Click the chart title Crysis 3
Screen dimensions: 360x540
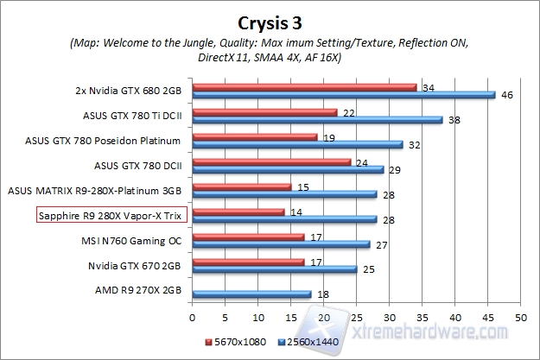270,20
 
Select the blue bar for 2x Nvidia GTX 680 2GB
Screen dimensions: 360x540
343,96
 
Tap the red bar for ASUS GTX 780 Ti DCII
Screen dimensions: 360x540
264,112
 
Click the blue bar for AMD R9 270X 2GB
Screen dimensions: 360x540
251,294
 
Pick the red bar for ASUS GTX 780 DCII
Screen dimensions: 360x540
270,161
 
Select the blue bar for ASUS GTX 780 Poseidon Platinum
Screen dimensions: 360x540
297,145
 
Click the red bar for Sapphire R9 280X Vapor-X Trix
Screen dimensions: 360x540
238,211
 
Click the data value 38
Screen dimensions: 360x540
452,120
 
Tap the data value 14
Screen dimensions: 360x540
295,211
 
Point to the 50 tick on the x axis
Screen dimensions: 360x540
519,318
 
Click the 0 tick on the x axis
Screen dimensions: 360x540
192,318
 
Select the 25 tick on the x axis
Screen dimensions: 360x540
356,318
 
